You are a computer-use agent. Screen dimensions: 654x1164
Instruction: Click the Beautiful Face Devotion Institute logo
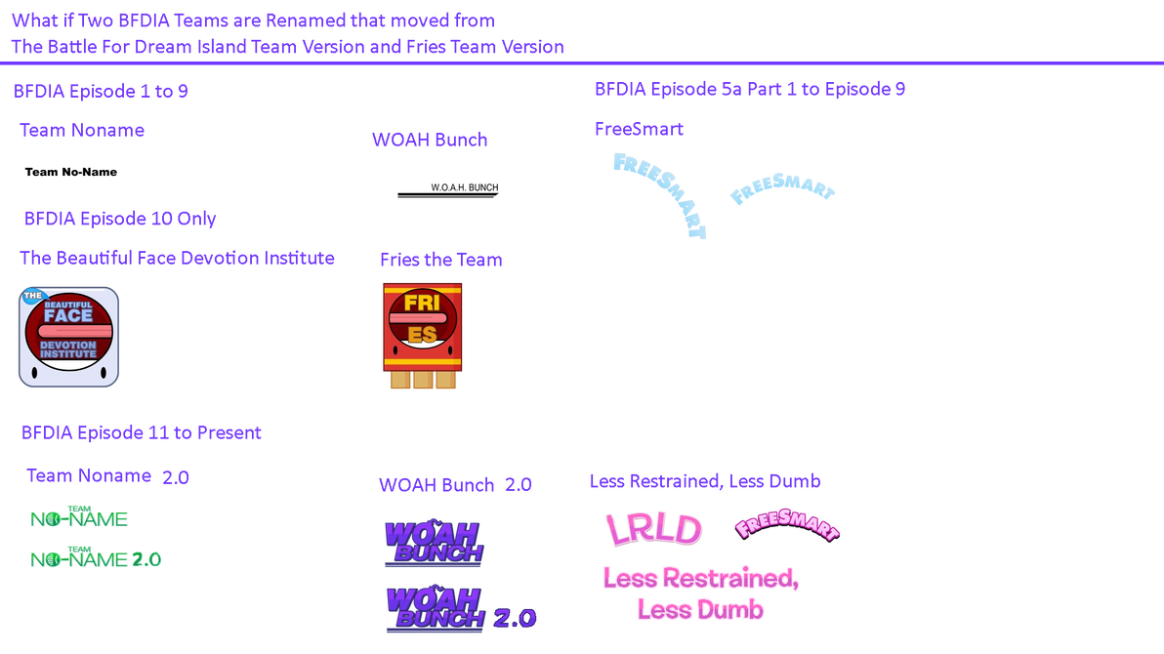coord(68,336)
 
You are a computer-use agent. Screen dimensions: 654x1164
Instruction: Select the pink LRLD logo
coord(653,528)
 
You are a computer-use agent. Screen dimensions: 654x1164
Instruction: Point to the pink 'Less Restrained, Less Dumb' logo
coord(701,593)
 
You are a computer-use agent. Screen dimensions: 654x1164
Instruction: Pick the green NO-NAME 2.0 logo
coord(95,558)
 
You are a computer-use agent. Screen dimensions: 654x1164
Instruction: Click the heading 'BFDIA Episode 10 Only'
coord(120,218)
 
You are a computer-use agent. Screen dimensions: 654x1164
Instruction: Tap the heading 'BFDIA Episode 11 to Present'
coord(142,431)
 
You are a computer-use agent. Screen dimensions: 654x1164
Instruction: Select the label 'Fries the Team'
coord(440,260)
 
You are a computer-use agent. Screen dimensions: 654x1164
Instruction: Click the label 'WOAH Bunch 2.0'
coord(455,484)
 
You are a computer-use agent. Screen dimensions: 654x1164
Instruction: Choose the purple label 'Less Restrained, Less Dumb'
coord(705,480)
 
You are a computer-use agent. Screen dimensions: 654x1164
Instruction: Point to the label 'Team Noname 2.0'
coord(107,476)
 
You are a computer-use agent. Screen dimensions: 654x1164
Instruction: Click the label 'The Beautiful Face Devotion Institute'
coord(177,258)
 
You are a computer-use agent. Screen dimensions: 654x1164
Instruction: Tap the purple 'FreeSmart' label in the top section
coord(639,129)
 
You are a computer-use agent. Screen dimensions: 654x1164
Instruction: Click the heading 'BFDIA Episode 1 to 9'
coord(101,92)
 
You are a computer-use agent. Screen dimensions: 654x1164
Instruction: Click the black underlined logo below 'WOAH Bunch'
coord(447,188)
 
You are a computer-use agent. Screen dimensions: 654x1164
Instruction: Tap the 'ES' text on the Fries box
coord(422,335)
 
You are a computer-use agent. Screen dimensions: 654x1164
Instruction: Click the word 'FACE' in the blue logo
coord(67,315)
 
